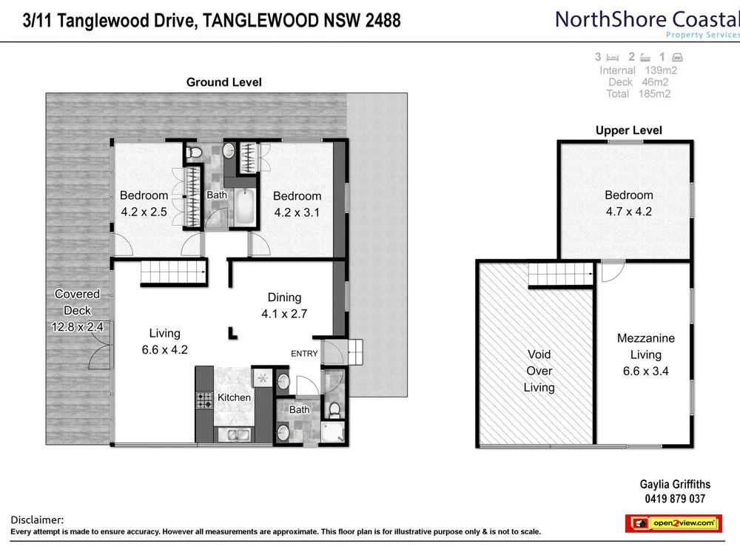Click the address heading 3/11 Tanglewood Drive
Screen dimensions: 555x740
(206, 20)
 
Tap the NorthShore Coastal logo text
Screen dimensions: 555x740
(646, 20)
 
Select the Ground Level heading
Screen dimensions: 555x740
(223, 82)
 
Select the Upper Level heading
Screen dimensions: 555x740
(628, 130)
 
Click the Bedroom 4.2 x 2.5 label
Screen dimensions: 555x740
(144, 203)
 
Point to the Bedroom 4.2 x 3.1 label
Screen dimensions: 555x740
(297, 204)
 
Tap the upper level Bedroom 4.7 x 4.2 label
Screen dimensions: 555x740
(628, 203)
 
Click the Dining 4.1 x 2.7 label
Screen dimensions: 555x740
(284, 305)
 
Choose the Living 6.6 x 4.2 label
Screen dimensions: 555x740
(164, 341)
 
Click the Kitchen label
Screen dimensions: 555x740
(234, 397)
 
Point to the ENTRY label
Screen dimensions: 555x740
(304, 354)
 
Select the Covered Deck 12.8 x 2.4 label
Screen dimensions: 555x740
(77, 311)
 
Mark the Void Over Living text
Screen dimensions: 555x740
(539, 371)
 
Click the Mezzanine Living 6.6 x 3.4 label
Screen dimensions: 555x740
(645, 354)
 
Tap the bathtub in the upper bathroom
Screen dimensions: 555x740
(244, 207)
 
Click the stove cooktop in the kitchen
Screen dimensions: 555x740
(203, 400)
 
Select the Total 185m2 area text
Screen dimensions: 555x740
(638, 94)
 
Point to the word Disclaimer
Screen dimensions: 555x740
(38, 520)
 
